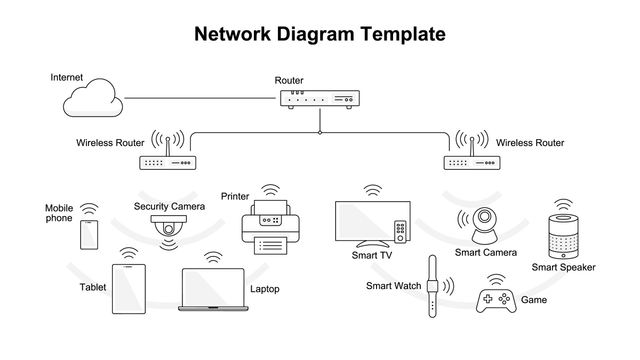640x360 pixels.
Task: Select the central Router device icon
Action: pos(319,99)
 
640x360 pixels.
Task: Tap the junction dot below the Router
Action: pos(319,132)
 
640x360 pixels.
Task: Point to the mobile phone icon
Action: pos(89,235)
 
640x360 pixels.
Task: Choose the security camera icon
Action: pos(169,227)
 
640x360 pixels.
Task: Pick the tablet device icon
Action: pos(129,288)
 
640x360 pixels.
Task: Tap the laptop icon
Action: pos(213,289)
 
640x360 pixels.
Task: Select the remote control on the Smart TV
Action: pos(400,231)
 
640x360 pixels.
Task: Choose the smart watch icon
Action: pos(433,286)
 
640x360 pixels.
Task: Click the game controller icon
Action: pos(496,300)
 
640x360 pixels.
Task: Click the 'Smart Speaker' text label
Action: pos(563,267)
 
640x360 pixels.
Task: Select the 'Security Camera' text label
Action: pos(169,206)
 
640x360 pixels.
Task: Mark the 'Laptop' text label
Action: pos(265,289)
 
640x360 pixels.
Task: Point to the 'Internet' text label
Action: pos(67,77)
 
